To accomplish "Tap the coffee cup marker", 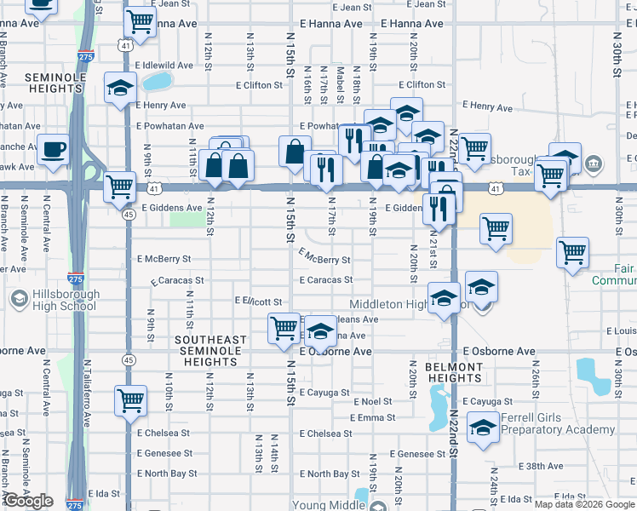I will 53,149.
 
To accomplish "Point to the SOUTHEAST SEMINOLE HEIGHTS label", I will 210,351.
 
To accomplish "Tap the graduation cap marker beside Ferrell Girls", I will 483,428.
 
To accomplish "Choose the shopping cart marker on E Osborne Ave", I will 284,328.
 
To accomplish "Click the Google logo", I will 29,501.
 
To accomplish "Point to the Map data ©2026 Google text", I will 584,504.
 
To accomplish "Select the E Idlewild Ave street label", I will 164,65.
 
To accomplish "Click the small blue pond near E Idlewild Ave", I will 156,82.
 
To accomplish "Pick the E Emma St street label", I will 372,417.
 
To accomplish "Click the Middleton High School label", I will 407,304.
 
